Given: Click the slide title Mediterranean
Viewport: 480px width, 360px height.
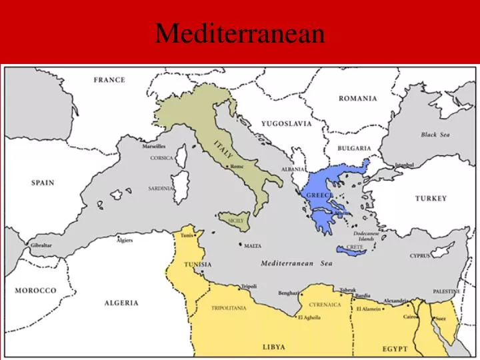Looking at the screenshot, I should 240,33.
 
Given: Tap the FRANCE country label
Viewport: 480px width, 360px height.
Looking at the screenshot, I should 109,80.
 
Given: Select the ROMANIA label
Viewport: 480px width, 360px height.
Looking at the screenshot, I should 357,99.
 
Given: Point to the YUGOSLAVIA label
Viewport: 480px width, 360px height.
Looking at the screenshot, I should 286,124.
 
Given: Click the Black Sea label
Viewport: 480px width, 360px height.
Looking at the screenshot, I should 435,135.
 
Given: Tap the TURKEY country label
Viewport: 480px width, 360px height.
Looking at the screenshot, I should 431,199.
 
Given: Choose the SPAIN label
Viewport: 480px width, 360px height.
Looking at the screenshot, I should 43,183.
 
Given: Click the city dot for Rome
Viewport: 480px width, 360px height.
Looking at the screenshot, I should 227,167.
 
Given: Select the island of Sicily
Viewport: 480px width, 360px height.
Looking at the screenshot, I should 235,220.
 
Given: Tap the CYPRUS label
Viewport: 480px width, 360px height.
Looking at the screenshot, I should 420,256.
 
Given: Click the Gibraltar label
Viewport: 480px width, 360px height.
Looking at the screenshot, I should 41,245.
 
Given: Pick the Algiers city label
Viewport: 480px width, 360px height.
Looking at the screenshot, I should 125,240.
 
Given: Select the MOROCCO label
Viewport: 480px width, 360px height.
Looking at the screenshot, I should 36,291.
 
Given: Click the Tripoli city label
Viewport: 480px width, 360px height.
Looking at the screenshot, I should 249,287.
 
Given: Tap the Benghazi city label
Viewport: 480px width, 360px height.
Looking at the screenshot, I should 288,293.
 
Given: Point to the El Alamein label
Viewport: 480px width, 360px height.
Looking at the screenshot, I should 369,309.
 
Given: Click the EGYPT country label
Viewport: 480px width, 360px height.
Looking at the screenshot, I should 395,349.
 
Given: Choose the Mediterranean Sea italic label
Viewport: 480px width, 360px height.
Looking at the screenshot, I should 296,263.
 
